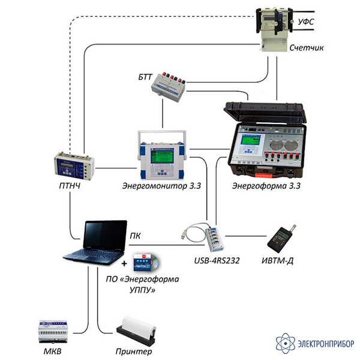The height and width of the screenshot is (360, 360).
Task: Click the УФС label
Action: coord(305,22)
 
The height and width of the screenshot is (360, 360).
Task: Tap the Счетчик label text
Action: coord(306,48)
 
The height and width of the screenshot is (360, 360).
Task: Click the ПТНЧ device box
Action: coord(74,166)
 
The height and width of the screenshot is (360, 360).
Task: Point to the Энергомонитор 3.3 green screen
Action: coord(162,157)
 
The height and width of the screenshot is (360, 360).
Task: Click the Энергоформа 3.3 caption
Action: coord(266,186)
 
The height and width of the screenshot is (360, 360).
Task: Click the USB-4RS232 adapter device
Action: coord(214,239)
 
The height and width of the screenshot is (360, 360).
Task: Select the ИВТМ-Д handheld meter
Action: coord(281,239)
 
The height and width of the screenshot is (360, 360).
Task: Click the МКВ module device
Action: coord(53,332)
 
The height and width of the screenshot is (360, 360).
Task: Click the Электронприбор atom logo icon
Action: coord(286,343)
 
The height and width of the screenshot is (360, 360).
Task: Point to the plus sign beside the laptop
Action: coord(124,263)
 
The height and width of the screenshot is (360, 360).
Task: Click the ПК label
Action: coord(135,236)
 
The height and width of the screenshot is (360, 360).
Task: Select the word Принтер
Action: coord(134,352)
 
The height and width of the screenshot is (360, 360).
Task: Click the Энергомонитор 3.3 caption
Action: coord(161,186)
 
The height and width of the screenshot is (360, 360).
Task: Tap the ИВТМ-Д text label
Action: coord(278,261)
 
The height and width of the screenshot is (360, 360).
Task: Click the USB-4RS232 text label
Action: coord(217,260)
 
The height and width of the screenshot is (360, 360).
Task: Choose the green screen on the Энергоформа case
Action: coord(251,140)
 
